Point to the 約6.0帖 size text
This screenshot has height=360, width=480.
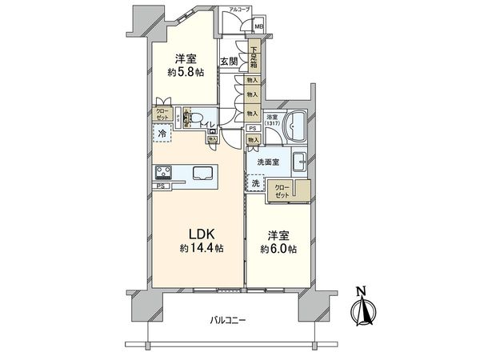pyautogui.click(x=279, y=249)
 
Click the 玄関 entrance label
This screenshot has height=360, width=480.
pyautogui.click(x=228, y=62)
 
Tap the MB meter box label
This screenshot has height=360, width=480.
pyautogui.click(x=258, y=26)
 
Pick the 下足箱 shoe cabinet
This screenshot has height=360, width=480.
pyautogui.click(x=254, y=58)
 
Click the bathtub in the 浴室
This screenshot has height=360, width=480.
pyautogui.click(x=297, y=127)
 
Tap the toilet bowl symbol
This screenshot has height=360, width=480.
pyautogui.click(x=192, y=118)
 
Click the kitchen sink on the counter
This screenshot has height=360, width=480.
pyautogui.click(x=201, y=173)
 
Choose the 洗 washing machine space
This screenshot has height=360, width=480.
pyautogui.click(x=256, y=184)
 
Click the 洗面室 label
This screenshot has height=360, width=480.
pyautogui.click(x=267, y=162)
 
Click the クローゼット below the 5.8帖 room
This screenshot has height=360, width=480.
pyautogui.click(x=163, y=114)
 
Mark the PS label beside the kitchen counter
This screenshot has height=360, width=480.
pyautogui.click(x=160, y=187)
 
